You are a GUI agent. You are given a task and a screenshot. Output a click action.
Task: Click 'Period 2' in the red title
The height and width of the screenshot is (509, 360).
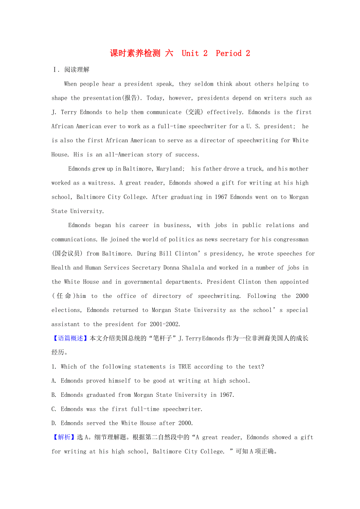pos(233,53)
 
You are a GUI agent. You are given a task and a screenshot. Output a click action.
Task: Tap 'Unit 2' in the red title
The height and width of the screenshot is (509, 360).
pos(194,53)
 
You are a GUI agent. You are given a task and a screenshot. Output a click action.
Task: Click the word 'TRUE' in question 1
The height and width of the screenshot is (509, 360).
pos(185,367)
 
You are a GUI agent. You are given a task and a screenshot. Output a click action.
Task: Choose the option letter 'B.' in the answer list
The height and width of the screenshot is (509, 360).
pos(54,395)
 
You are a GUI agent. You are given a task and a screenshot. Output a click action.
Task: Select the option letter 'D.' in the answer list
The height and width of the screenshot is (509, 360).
pos(54,423)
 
